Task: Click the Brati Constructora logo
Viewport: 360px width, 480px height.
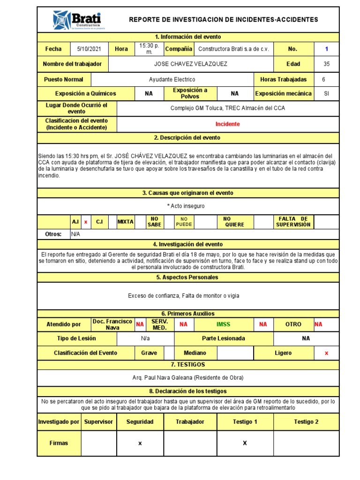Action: pos(78,20)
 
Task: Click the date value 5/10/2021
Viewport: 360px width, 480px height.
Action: pos(89,49)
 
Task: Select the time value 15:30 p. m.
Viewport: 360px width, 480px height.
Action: pos(149,49)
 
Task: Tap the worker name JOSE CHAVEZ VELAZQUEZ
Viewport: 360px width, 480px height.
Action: pos(190,64)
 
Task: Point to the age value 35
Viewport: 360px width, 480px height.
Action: pos(326,64)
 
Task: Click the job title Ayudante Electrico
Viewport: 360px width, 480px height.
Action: pos(172,80)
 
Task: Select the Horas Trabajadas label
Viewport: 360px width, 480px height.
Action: pos(283,80)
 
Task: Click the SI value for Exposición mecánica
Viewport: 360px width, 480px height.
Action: pos(326,94)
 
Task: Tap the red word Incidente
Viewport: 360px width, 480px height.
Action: pos(227,124)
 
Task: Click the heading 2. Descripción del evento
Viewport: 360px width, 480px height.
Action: pos(187,138)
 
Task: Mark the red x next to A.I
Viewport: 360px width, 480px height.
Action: pos(86,222)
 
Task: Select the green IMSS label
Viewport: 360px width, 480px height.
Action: pos(223,324)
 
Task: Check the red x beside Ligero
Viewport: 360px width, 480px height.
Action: pos(326,353)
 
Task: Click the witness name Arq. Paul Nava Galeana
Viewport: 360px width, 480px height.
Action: pos(188,378)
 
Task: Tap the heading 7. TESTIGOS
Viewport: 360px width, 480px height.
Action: pos(187,365)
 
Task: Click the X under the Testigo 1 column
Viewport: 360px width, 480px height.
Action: pos(245,443)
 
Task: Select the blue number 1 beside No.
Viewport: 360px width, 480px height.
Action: pos(326,49)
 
